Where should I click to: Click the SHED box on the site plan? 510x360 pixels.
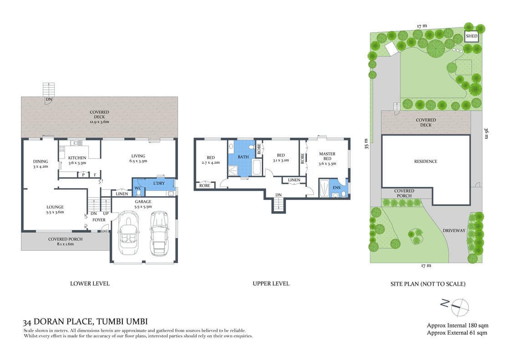(x=471, y=36)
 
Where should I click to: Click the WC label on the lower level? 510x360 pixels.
(x=138, y=188)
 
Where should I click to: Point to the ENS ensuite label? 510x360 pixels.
(x=337, y=188)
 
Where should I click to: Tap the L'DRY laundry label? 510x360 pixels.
(x=158, y=183)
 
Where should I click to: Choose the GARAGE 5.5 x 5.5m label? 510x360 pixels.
(x=143, y=204)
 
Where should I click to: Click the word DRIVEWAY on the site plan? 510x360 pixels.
(x=454, y=231)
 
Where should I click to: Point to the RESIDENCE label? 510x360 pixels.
(x=425, y=162)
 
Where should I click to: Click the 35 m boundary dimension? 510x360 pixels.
(x=366, y=144)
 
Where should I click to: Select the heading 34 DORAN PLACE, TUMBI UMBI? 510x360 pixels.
(x=85, y=321)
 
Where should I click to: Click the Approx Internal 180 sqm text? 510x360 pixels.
(x=457, y=325)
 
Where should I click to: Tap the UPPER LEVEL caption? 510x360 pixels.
(x=271, y=284)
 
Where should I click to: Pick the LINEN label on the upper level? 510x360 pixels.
(x=294, y=180)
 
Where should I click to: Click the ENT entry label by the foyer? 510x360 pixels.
(x=105, y=231)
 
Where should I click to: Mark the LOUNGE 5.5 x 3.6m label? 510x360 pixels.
(x=55, y=209)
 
